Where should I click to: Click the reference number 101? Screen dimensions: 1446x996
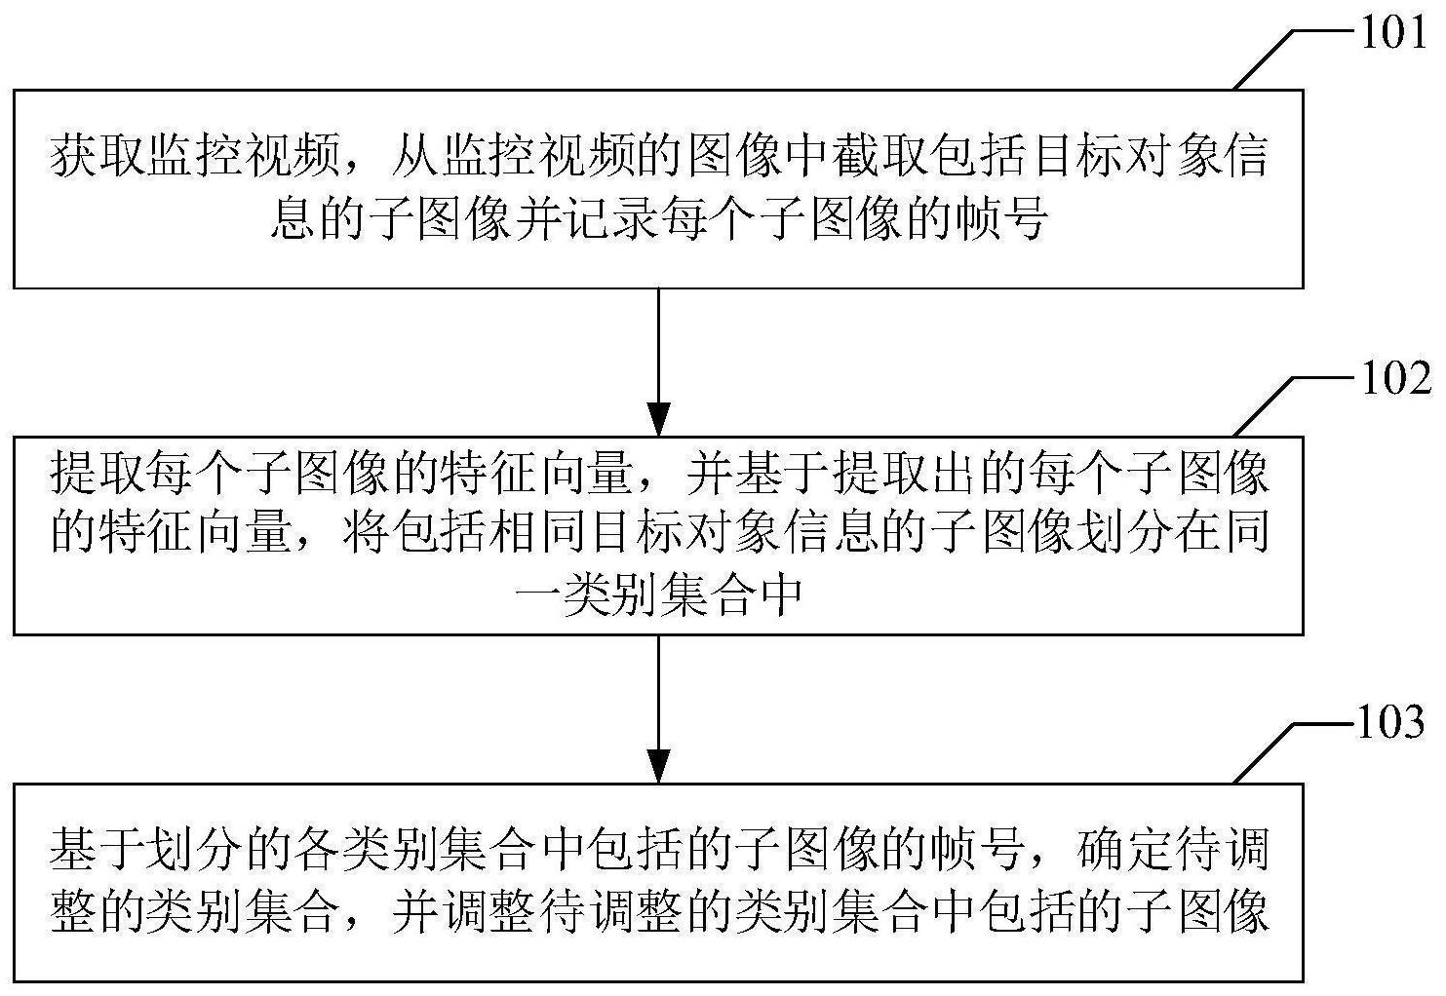point(1393,32)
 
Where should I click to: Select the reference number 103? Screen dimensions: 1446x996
point(1391,722)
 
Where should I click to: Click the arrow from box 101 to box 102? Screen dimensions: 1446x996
point(658,363)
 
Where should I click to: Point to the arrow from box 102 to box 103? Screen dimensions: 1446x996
point(658,709)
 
